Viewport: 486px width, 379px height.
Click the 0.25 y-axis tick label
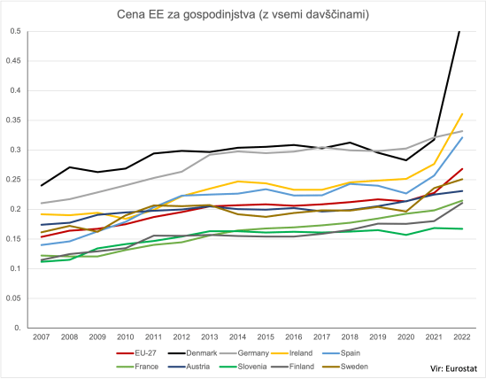(13, 180)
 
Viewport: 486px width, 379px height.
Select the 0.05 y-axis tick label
(13, 298)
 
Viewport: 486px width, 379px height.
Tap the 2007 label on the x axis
(42, 337)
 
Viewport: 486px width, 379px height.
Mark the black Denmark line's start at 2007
(42, 186)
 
